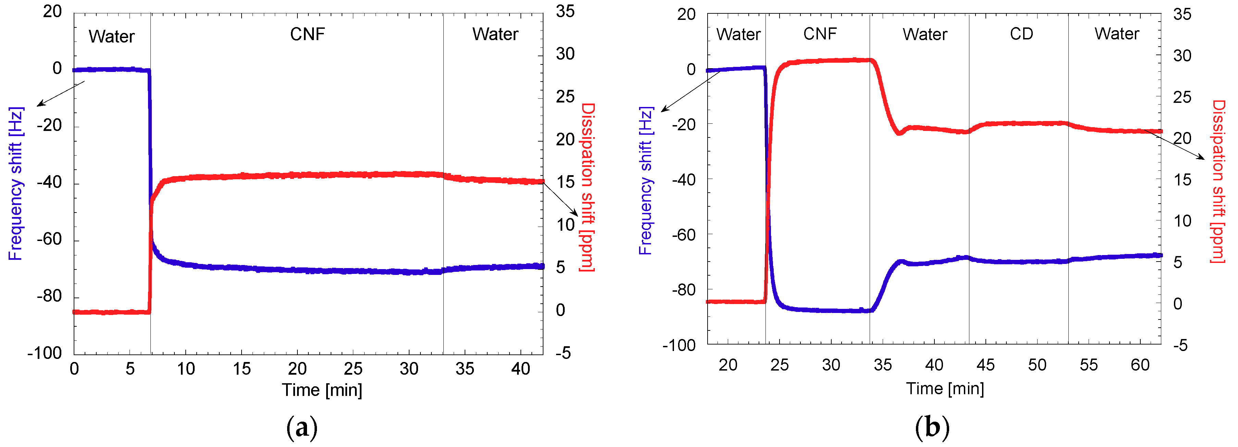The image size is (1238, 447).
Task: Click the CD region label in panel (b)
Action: click(x=1021, y=34)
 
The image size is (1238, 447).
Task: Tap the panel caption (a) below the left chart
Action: click(x=302, y=427)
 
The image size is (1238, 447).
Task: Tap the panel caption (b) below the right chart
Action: click(x=932, y=427)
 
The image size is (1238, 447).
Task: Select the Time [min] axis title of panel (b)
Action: click(x=945, y=388)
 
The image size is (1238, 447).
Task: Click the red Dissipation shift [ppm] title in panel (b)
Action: click(x=1218, y=181)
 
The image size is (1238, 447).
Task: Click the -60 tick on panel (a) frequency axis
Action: click(x=49, y=239)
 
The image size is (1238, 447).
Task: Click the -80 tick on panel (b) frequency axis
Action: click(x=683, y=290)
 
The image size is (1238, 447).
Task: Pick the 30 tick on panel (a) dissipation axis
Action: click(x=565, y=54)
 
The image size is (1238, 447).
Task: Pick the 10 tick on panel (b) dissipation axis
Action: click(x=1182, y=221)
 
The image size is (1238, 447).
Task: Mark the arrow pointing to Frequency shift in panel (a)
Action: click(x=61, y=93)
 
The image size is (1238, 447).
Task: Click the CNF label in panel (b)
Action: click(x=820, y=34)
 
